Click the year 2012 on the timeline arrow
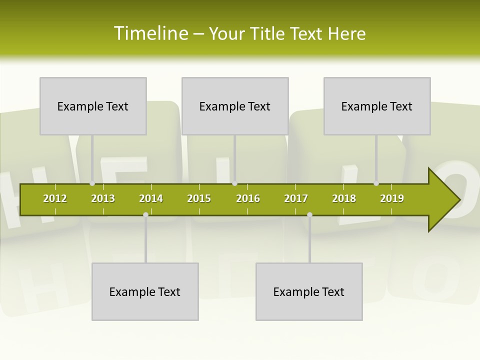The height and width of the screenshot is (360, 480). pyautogui.click(x=55, y=198)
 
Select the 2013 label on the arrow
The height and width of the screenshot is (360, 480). pyautogui.click(x=103, y=198)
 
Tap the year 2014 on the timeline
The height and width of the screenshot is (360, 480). pyautogui.click(x=151, y=198)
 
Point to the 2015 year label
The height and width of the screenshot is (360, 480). pyautogui.click(x=199, y=198)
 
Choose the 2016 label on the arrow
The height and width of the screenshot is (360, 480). pyautogui.click(x=248, y=198)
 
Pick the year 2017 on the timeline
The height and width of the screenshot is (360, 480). pyautogui.click(x=296, y=198)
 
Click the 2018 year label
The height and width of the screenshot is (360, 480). pyautogui.click(x=344, y=198)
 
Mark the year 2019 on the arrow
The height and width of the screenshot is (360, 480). pyautogui.click(x=392, y=198)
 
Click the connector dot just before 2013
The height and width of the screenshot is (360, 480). pyautogui.click(x=92, y=183)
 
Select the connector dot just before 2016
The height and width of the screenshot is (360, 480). pyautogui.click(x=234, y=183)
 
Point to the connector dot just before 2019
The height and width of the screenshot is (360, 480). pyautogui.click(x=376, y=183)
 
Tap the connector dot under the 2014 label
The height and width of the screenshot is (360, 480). pyautogui.click(x=145, y=214)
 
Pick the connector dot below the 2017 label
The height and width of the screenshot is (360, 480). pyautogui.click(x=309, y=214)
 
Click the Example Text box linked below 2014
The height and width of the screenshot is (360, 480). pyautogui.click(x=145, y=291)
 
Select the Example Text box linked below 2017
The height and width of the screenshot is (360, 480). pyautogui.click(x=309, y=291)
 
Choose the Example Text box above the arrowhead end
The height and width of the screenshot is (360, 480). pyautogui.click(x=377, y=106)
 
